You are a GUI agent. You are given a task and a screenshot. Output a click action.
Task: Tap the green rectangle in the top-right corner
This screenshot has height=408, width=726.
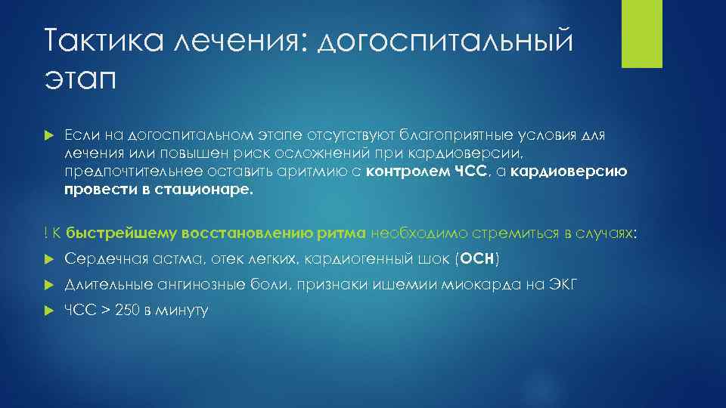(x=641, y=34)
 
